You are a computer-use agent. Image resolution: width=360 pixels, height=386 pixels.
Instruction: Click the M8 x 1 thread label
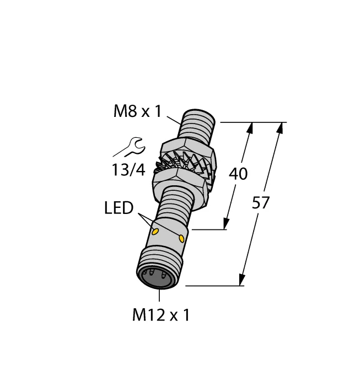(x=137, y=111)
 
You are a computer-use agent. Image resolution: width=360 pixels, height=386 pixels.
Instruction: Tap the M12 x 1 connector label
(x=161, y=315)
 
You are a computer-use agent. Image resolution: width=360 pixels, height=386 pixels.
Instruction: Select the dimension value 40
(x=238, y=174)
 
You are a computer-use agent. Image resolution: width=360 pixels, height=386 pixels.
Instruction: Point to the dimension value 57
(x=261, y=203)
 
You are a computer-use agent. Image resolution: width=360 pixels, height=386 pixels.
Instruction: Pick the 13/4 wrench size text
(x=128, y=170)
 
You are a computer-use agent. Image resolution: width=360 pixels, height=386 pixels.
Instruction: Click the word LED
(x=119, y=208)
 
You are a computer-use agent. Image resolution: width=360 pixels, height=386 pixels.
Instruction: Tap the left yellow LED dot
(x=155, y=232)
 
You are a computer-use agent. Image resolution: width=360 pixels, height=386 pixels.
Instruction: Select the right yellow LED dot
(x=181, y=238)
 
